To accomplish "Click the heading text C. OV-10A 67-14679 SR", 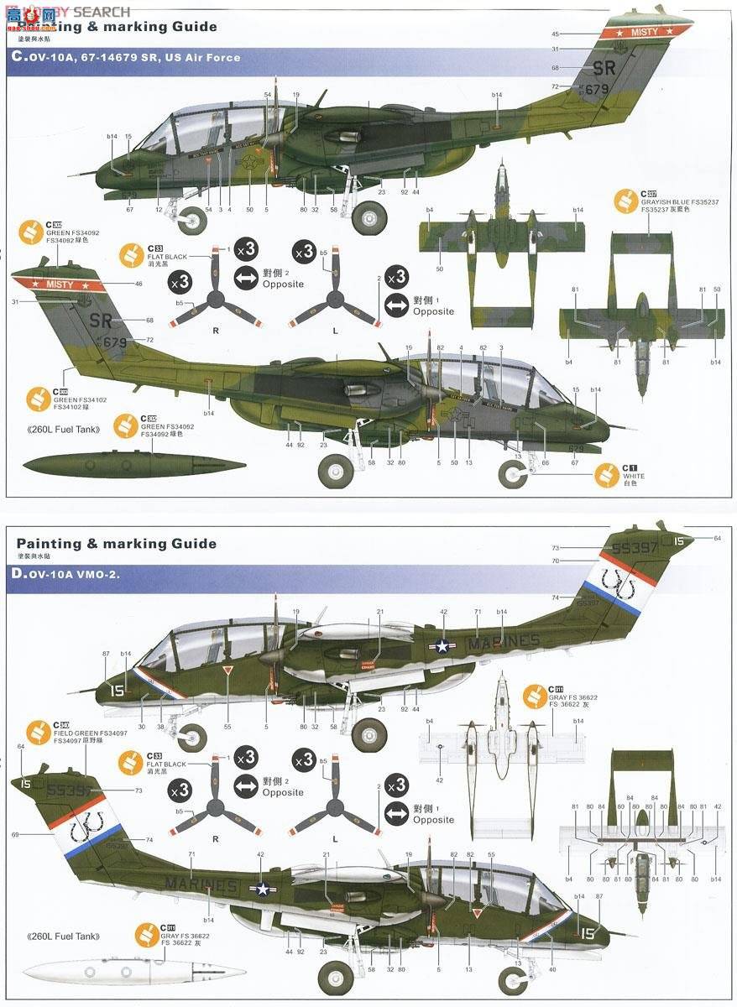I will coord(126,57).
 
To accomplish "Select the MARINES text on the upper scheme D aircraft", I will coord(504,642).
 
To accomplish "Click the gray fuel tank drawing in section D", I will coord(134,973).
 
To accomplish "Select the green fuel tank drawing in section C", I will coord(134,463).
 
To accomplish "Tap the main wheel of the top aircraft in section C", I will coord(369,217).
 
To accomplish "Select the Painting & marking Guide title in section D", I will coord(116,544).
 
